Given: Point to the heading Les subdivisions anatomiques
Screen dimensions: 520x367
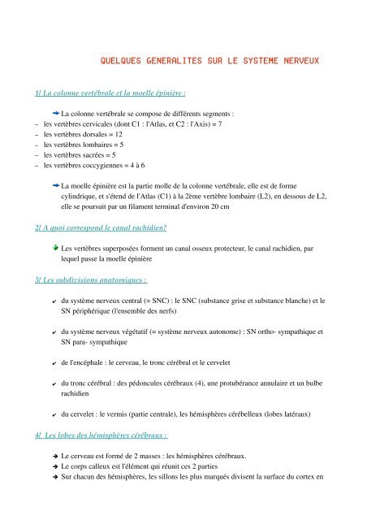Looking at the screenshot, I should click(85, 279).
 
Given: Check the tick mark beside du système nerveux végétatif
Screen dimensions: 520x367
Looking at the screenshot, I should click(53, 331).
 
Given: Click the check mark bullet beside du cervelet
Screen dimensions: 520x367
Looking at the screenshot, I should click(53, 414).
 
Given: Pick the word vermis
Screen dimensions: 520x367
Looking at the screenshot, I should click(121, 414).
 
